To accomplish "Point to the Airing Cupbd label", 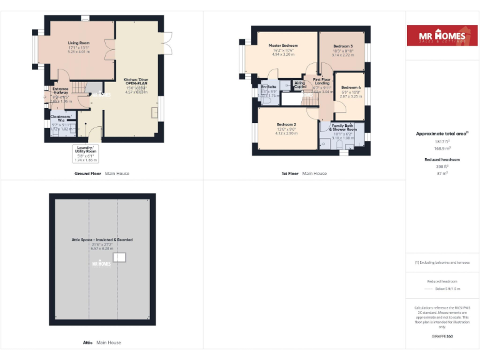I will click(300, 84).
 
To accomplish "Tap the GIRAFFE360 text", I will click(442, 336).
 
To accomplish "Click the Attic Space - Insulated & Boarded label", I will click(102, 239).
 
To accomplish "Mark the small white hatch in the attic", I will click(122, 256).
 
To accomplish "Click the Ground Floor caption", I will click(88, 173).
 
